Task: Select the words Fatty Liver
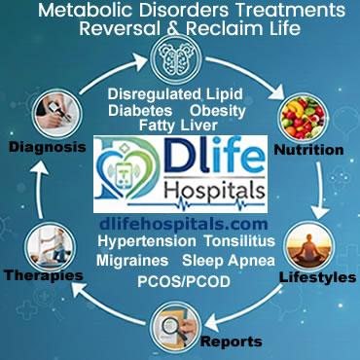(x=180, y=126)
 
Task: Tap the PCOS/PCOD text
(x=180, y=283)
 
